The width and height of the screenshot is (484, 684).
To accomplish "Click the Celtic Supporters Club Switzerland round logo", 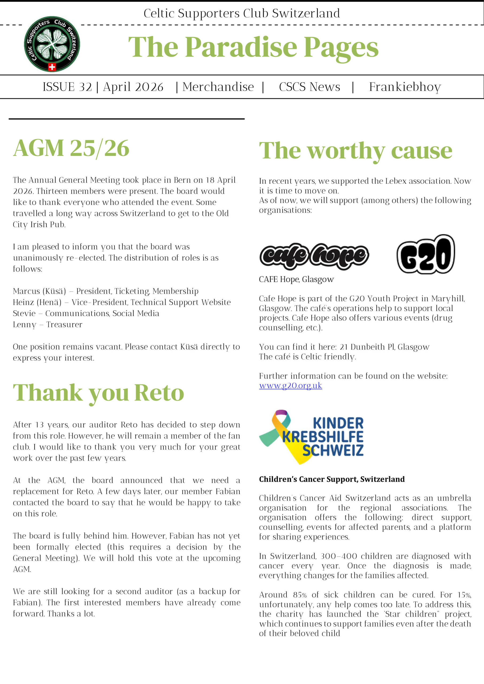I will coord(52,44).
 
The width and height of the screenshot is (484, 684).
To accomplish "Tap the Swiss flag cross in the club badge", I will coord(52,67).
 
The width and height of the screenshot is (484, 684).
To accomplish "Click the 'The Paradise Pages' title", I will coord(253,48).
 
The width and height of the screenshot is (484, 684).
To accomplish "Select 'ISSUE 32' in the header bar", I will coord(67,87).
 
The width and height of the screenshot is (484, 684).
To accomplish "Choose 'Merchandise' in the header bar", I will coord(218,87).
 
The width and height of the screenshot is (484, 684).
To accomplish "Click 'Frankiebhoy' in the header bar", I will coord(405,87).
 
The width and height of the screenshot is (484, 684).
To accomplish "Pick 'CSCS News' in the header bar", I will coord(309,87).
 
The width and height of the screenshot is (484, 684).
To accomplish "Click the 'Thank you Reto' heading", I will coord(98,393).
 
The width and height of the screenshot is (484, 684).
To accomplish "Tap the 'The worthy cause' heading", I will coord(355,151).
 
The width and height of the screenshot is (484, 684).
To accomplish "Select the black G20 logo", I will coord(425,254).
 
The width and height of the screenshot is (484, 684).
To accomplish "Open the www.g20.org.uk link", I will coord(290,386).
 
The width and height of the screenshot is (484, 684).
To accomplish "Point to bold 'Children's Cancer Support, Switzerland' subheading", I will coord(332,479).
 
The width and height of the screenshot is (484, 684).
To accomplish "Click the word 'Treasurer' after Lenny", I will coord(64,324).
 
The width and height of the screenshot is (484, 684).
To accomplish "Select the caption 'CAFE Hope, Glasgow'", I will coord(296,279).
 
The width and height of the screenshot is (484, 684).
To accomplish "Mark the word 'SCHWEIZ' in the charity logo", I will coord(333,450).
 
